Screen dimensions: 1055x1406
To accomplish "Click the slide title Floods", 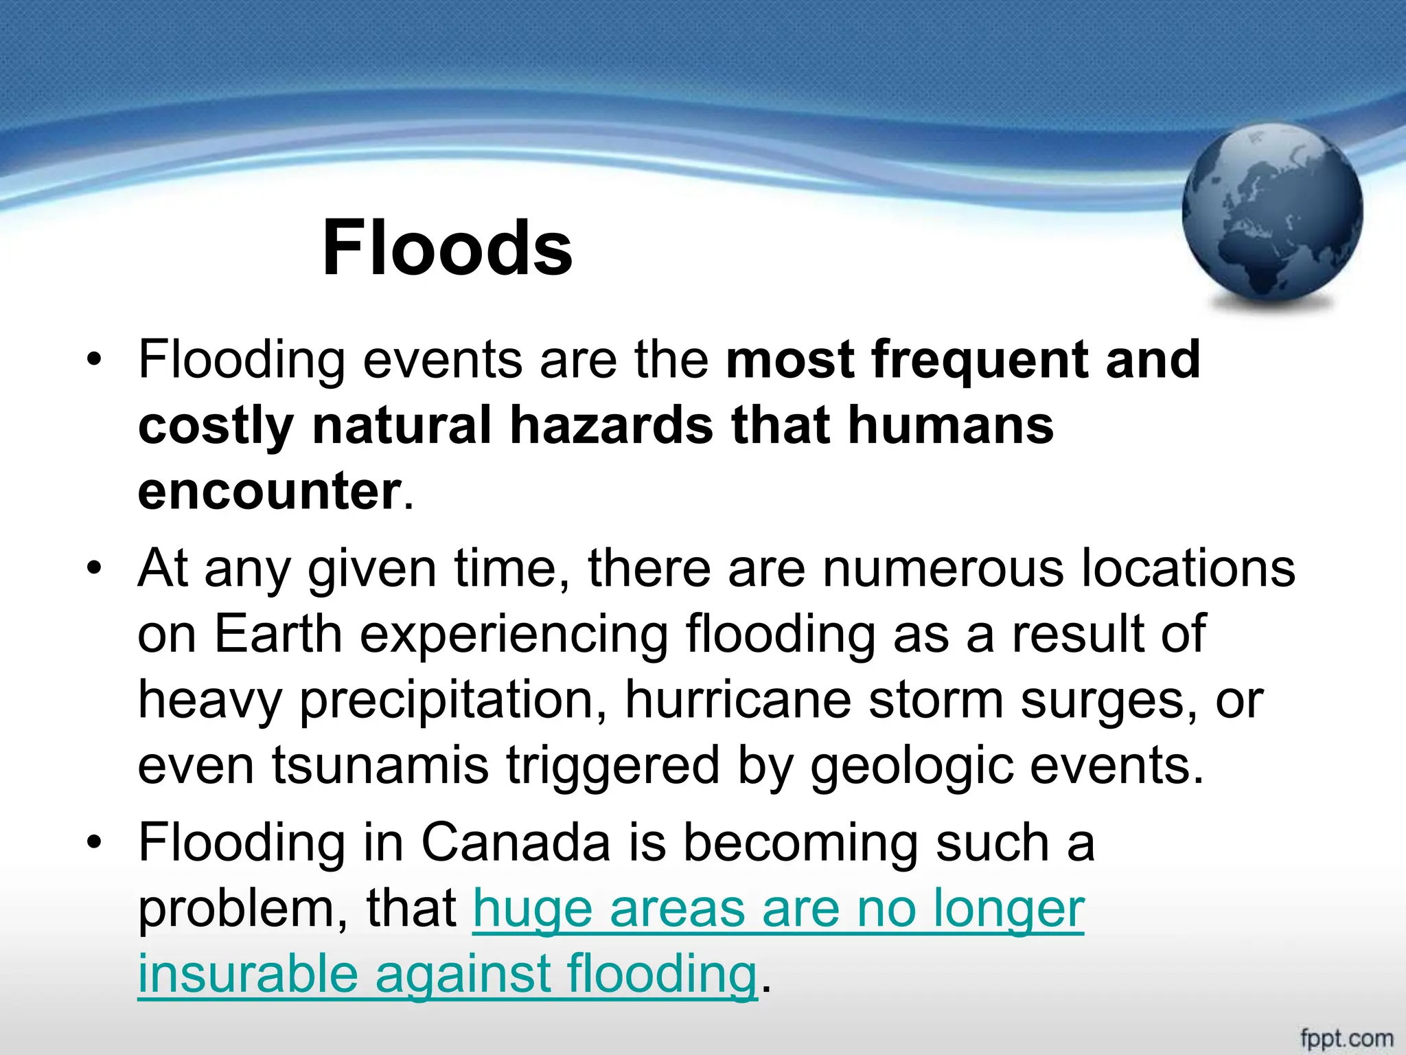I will pyautogui.click(x=447, y=248).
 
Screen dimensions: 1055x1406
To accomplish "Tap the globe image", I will pyautogui.click(x=1272, y=214).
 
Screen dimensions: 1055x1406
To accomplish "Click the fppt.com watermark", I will pyautogui.click(x=1346, y=1037).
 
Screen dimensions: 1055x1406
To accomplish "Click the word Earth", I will pyautogui.click(x=278, y=634).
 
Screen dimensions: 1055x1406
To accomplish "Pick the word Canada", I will pyautogui.click(x=516, y=843).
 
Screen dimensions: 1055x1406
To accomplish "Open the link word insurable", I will pyautogui.click(x=248, y=975).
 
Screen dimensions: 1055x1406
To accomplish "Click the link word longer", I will pyautogui.click(x=1009, y=909).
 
